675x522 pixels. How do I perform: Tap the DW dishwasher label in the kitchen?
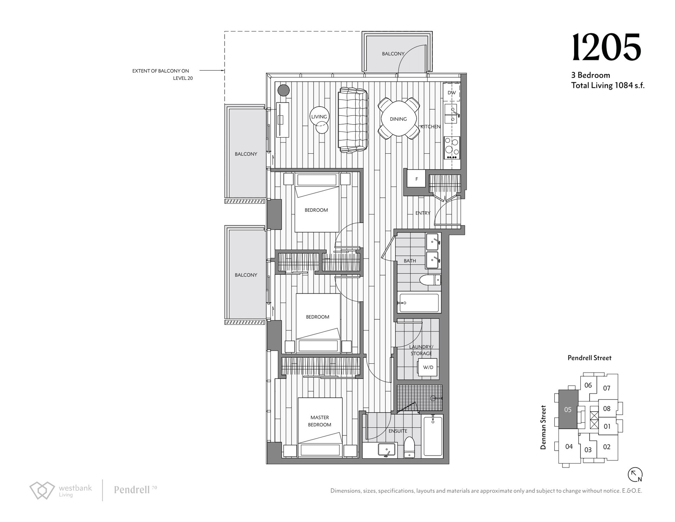(452, 93)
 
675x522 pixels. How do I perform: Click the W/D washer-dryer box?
(428, 368)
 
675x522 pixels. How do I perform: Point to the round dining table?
(398, 119)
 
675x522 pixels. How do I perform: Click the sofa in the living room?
(353, 120)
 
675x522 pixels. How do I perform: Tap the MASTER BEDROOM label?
(320, 421)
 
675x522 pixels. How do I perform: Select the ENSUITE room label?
(398, 431)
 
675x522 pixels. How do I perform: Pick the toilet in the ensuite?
(409, 447)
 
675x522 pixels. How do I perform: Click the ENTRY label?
(423, 213)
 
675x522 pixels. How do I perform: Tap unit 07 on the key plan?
(607, 388)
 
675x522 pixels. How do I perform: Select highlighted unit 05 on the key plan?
(568, 409)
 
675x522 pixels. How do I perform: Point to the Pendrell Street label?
(590, 358)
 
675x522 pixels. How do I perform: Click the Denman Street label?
(544, 427)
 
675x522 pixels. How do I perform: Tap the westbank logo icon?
(42, 490)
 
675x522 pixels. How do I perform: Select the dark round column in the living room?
(283, 90)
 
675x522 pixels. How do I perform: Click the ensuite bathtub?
(432, 435)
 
